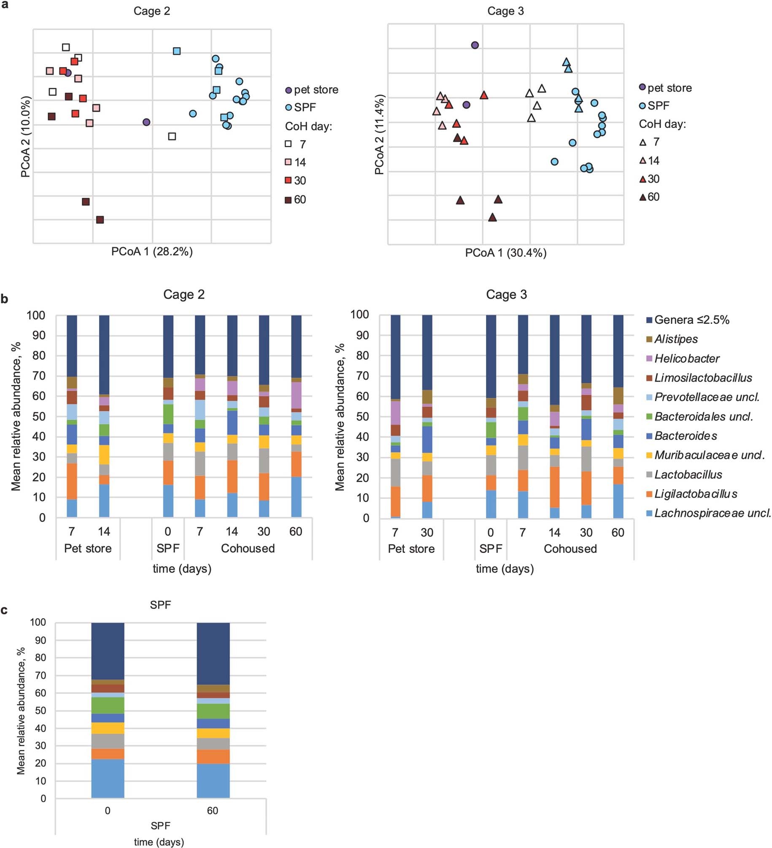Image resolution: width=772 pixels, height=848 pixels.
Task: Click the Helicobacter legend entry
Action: (686, 358)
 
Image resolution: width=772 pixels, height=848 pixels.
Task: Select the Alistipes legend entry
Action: (675, 339)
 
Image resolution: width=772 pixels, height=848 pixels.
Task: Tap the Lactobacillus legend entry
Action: (688, 474)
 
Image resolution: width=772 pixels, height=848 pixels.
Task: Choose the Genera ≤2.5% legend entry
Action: (691, 320)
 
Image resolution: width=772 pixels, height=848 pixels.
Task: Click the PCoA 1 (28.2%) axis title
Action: (152, 252)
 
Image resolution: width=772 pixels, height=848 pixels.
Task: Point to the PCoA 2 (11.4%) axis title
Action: (379, 134)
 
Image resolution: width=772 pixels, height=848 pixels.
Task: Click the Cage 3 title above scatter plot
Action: (505, 11)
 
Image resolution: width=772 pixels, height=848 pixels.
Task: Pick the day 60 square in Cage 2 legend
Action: (288, 200)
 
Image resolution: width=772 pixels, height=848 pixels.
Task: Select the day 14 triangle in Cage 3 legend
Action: (642, 161)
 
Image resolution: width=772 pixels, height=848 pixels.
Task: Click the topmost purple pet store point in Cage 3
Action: (475, 45)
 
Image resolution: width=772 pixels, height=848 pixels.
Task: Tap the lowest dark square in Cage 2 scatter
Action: (100, 220)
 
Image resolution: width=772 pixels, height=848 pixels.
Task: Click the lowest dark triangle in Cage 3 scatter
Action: (492, 218)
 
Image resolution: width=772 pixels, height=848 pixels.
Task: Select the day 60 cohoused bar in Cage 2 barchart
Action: (296, 416)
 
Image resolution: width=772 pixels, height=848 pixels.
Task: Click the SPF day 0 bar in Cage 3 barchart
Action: (491, 416)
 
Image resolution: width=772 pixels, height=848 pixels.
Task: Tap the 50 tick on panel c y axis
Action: (40, 711)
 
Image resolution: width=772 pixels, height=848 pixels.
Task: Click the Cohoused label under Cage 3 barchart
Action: (570, 549)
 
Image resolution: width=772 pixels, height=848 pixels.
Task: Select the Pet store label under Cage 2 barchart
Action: (88, 548)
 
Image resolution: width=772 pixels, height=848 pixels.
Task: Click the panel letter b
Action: (5, 299)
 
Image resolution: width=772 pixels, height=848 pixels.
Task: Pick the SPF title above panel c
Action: (160, 605)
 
